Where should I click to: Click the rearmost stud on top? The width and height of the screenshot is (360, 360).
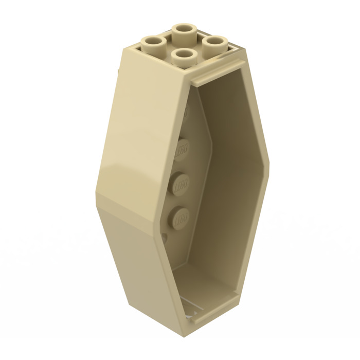pyautogui.click(x=186, y=31)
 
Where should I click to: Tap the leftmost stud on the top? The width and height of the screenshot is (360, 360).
pyautogui.click(x=153, y=43)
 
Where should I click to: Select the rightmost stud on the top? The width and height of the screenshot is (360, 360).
pyautogui.click(x=215, y=43)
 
